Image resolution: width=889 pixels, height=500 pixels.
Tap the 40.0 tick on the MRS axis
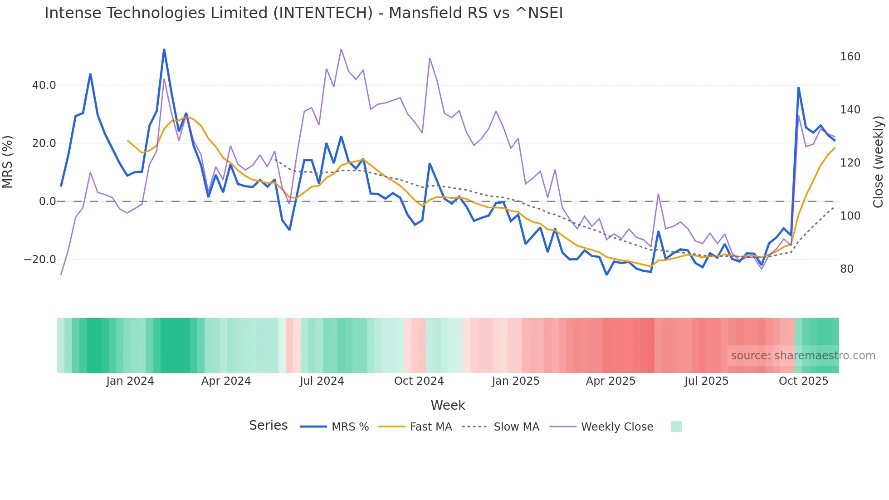44,85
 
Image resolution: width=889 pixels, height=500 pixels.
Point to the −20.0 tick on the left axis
40,260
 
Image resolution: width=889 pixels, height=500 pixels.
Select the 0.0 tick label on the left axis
47,201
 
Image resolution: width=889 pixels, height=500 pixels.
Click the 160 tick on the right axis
850,57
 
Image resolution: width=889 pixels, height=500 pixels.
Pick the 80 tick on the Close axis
847,269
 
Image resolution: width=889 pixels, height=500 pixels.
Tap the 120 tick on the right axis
850,163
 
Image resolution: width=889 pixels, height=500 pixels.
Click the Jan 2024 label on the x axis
130,381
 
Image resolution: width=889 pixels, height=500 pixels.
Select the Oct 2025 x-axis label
803,381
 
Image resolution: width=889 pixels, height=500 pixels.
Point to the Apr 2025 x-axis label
611,381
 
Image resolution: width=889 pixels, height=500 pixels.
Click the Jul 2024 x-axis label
322,381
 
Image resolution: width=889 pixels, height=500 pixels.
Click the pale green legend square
676,426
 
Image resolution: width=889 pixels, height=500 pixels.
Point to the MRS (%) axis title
8,162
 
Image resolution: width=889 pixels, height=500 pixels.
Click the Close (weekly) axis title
879,162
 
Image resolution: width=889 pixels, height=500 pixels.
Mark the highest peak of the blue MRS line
164,49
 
